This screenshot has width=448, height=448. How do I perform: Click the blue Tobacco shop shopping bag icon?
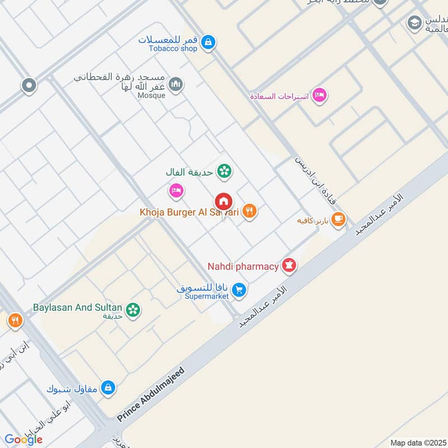click(208, 42)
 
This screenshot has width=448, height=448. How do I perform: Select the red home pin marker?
click(223, 202)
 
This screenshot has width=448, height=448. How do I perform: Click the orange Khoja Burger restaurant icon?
click(250, 212)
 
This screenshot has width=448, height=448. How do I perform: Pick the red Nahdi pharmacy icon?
click(289, 265)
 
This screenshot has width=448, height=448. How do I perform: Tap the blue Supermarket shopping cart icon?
click(239, 290)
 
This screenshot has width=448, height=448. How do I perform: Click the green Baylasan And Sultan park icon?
click(133, 309)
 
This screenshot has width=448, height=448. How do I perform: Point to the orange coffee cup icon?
click(338, 220)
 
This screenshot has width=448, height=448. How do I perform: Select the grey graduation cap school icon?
click(414, 22)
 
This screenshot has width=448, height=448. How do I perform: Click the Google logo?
click(24, 440)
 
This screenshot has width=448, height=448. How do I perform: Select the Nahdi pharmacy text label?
click(243, 267)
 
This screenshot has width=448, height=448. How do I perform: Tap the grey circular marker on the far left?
click(29, 86)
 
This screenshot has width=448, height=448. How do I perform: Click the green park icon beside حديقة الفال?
click(225, 171)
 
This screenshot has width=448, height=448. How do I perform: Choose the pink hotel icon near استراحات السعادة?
click(319, 95)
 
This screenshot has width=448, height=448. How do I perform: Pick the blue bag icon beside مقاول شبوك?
click(108, 388)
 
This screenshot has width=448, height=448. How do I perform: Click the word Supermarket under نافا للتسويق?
click(207, 296)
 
